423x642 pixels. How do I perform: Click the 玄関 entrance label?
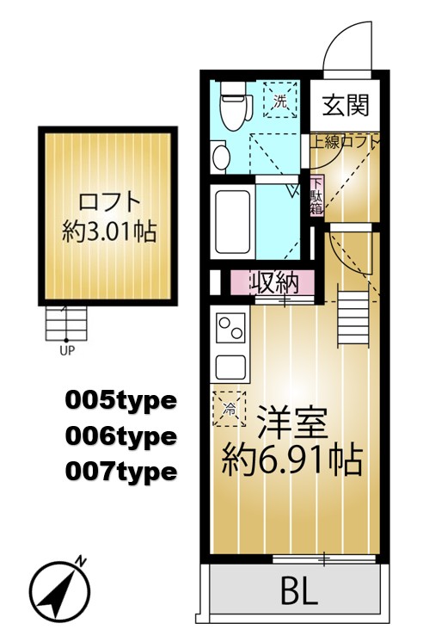coord(346,105)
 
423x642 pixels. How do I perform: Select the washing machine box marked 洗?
coord(279,101)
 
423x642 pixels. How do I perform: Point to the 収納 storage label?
coord(273,281)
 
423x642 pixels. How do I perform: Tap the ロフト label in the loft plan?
coord(108,203)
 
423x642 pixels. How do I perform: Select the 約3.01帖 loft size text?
coord(108,231)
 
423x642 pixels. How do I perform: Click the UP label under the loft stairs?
coord(66,350)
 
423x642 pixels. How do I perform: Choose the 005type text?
coord(120,400)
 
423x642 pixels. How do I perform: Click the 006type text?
coord(120,436)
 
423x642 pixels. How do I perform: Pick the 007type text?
coord(120,472)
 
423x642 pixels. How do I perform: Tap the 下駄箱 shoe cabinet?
coord(316,195)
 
